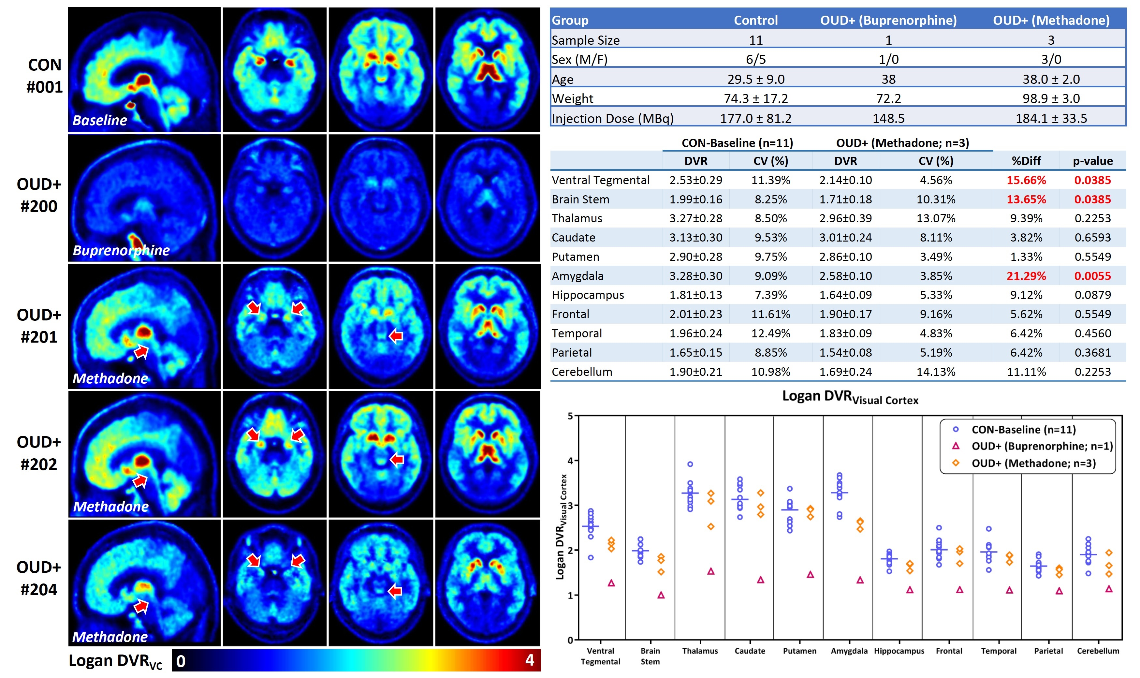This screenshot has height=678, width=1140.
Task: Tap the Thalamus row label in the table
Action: (x=577, y=218)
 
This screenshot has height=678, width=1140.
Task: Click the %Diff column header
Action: (x=1026, y=161)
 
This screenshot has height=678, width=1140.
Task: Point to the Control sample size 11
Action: (x=755, y=40)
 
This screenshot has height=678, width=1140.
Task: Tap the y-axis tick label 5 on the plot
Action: (x=570, y=416)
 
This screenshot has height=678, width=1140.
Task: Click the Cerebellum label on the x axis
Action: (x=1098, y=651)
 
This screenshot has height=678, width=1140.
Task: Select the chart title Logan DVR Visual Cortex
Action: (x=850, y=397)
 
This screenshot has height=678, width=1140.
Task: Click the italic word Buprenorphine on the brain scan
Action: (x=121, y=250)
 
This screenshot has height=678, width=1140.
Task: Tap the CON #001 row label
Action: (x=44, y=76)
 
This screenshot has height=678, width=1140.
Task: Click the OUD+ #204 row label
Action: (x=39, y=578)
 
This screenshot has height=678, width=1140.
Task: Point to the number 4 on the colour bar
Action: (x=529, y=660)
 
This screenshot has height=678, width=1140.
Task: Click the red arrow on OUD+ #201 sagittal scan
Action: (x=141, y=351)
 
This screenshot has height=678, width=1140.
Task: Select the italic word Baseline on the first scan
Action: (x=100, y=120)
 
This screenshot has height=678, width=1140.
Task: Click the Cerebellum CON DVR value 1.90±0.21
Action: (x=695, y=372)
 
